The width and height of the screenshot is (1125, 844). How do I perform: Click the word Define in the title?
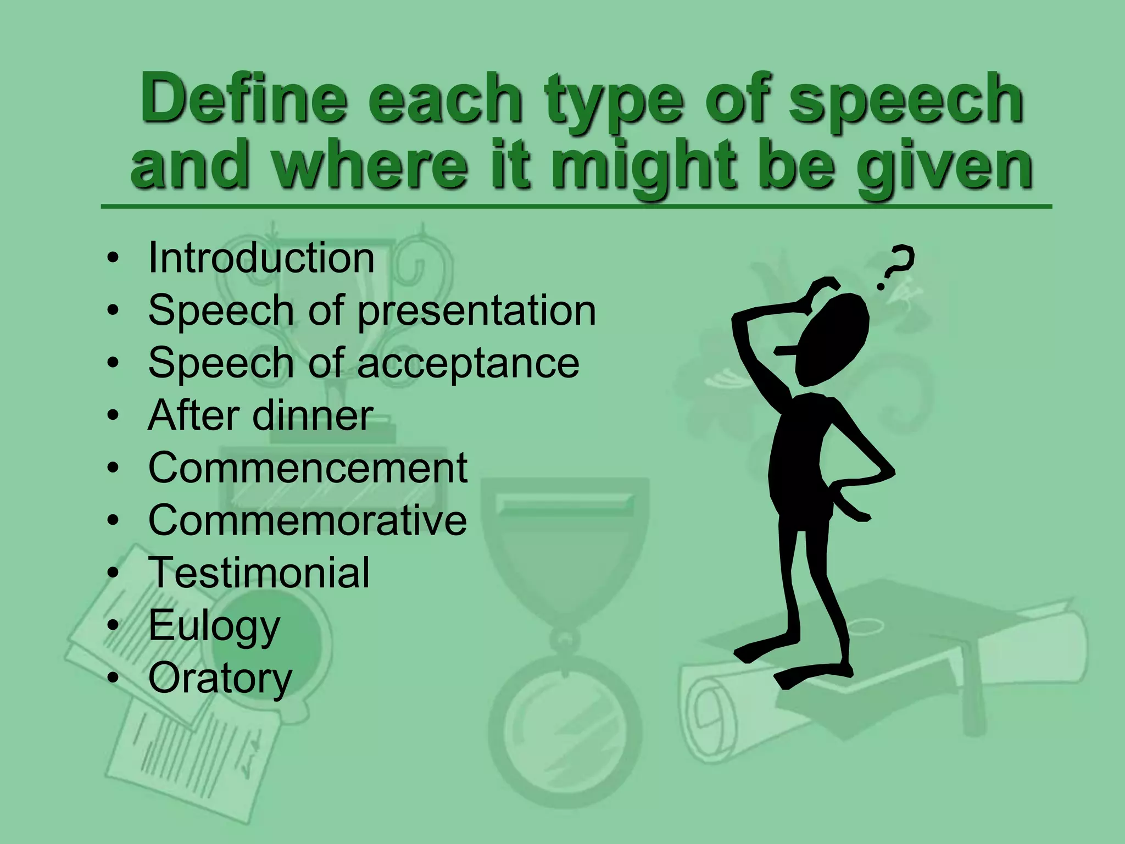[244, 99]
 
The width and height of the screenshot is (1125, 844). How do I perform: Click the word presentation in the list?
[476, 311]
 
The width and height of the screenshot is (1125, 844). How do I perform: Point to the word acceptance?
[468, 363]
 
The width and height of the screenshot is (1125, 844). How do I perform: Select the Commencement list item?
[308, 468]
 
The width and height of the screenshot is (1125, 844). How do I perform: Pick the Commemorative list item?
[308, 520]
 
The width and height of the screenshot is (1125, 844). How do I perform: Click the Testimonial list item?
[259, 573]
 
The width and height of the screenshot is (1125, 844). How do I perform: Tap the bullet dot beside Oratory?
[113, 679]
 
